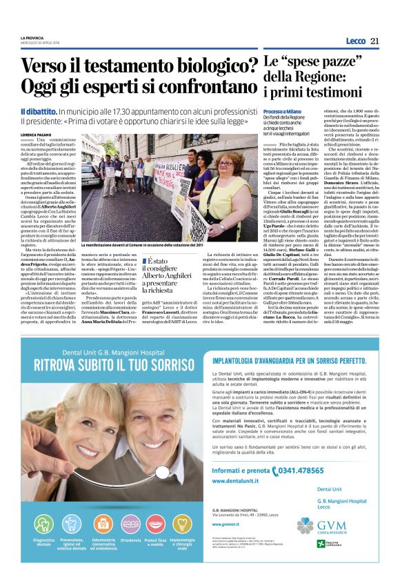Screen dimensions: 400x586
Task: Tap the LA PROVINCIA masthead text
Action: tap(32, 36)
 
